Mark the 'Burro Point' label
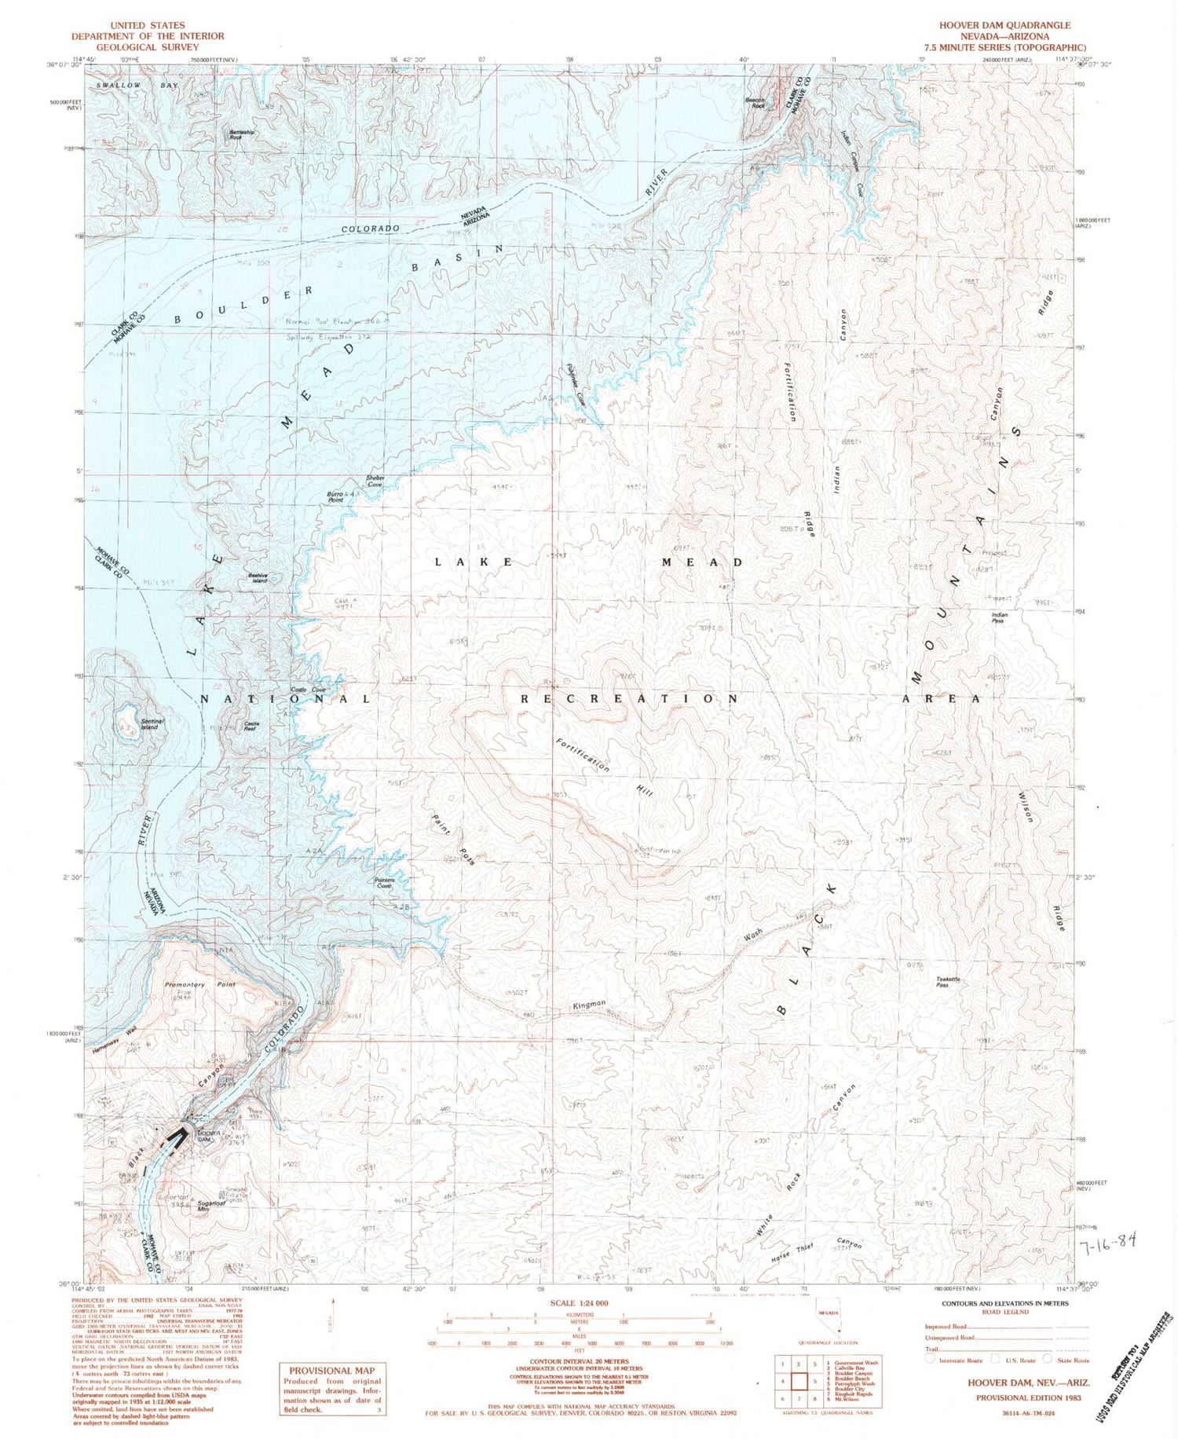[x=336, y=496]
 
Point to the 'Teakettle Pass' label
[x=948, y=982]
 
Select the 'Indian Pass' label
[x=999, y=617]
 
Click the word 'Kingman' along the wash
[x=589, y=1004]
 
